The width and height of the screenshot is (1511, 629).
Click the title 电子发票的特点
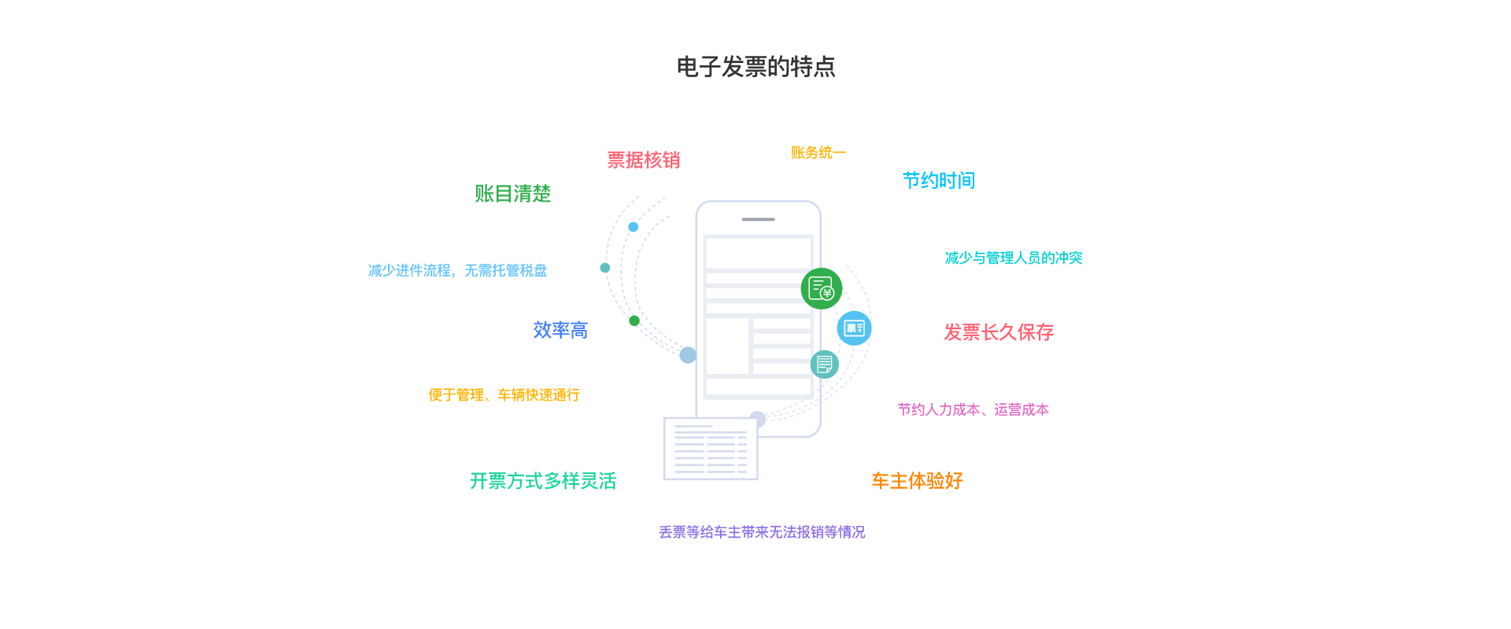click(755, 67)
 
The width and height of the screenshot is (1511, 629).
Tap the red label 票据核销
click(643, 161)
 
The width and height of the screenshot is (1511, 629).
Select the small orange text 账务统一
click(818, 153)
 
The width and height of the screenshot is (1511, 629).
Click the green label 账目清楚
click(512, 194)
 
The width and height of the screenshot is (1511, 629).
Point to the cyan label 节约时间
click(938, 181)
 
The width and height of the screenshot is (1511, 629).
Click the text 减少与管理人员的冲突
click(1013, 258)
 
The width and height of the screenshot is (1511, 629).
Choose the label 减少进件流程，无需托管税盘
click(457, 271)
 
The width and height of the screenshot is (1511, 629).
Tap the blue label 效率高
click(560, 331)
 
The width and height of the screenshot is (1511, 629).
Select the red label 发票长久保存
click(998, 332)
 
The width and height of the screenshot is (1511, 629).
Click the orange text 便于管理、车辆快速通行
click(504, 395)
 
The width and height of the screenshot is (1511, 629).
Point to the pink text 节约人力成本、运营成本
click(973, 410)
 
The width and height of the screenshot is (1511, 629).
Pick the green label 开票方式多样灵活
click(543, 481)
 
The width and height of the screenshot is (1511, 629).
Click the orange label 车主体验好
click(917, 481)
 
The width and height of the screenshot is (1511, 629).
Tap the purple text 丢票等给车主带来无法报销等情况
click(762, 533)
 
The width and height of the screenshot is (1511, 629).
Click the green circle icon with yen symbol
click(821, 289)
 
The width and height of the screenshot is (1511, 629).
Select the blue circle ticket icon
click(854, 328)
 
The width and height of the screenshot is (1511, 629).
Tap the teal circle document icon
click(824, 364)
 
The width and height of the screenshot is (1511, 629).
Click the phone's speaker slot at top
click(758, 220)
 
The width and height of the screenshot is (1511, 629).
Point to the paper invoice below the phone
click(711, 449)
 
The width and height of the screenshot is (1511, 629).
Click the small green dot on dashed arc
click(634, 320)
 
